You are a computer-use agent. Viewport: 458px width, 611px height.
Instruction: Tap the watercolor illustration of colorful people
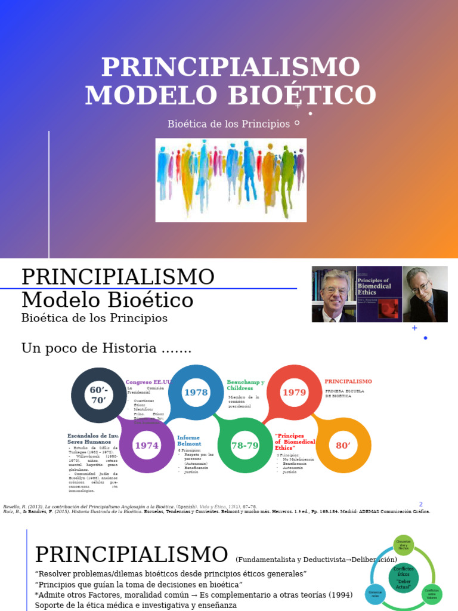coord(231,180)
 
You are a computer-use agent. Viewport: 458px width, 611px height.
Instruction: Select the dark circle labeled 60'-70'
coord(98,395)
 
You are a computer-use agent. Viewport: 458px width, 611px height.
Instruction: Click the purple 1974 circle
coord(146,445)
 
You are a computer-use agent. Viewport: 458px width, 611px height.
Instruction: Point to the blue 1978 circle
coord(196,392)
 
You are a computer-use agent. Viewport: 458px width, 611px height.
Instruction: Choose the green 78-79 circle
coord(245,445)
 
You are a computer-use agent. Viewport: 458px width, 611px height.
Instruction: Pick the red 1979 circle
coord(294,392)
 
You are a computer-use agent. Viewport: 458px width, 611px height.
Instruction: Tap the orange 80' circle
coord(343,445)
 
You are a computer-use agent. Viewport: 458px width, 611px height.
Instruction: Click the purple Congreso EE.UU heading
coord(148,382)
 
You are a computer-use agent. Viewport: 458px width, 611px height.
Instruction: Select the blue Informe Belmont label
coord(189,441)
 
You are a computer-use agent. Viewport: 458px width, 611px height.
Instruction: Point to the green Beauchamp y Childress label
coord(245,385)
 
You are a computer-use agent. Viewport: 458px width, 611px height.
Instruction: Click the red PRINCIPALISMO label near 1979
coord(348,381)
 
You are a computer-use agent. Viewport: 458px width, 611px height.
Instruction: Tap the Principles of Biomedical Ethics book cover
coord(379,294)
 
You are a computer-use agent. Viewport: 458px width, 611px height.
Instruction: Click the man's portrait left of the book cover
coord(334,294)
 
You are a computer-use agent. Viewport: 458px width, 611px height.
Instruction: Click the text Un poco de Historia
coord(107,348)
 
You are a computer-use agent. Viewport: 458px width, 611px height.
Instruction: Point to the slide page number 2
coord(420,504)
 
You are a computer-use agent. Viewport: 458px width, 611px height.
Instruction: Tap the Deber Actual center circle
coord(404,578)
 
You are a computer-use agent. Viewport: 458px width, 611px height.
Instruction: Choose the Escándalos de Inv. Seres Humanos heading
coord(92,439)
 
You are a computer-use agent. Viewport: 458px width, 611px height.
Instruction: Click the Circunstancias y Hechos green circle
coord(404,545)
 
